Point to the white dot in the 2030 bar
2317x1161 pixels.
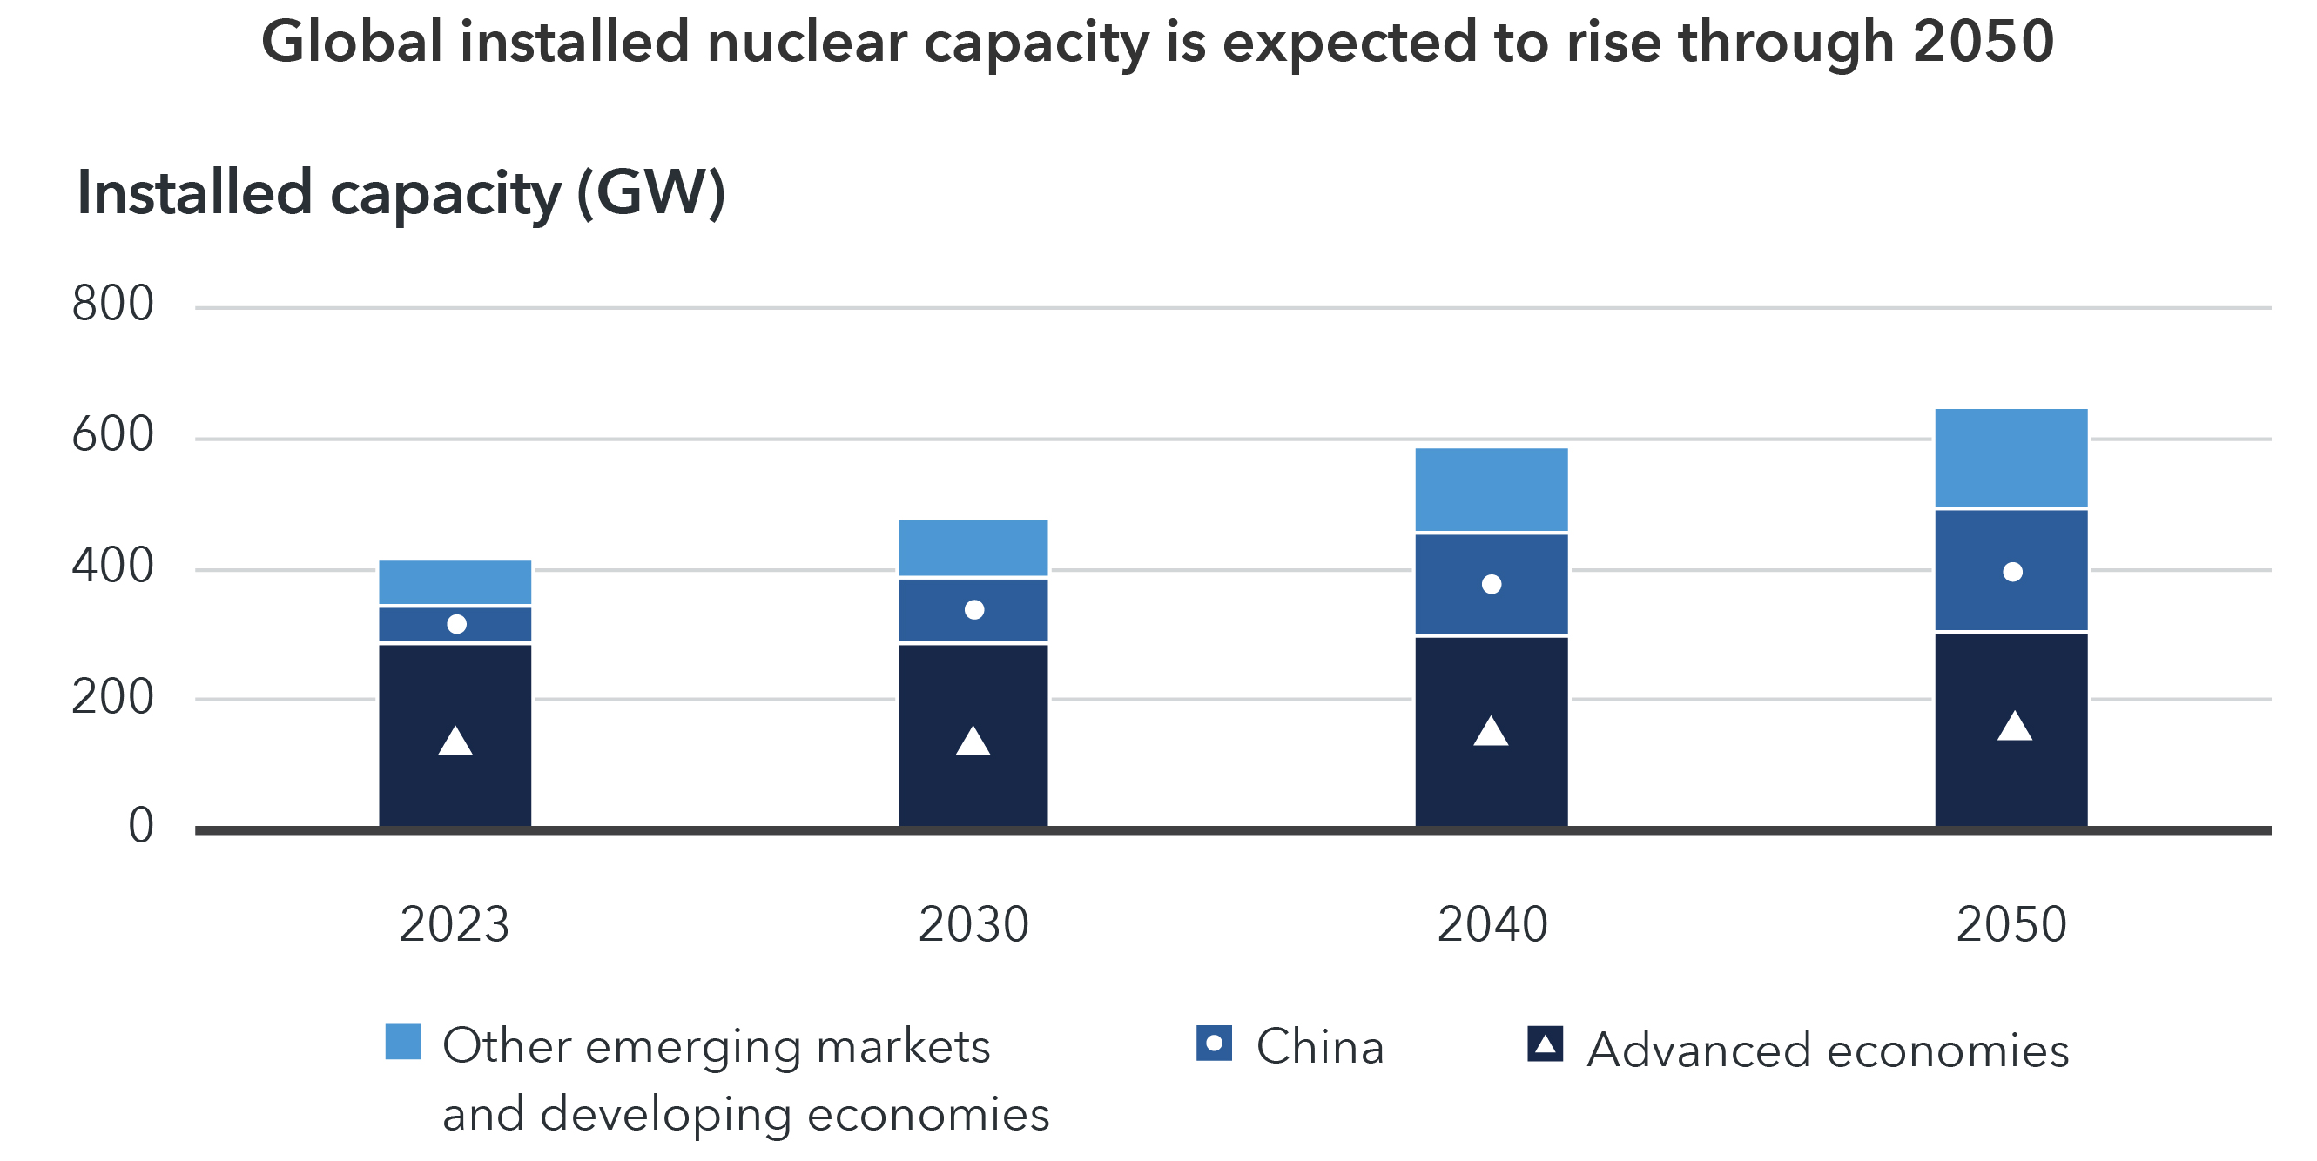click(974, 610)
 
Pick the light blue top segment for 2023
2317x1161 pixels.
click(455, 582)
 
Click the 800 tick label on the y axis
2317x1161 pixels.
click(112, 304)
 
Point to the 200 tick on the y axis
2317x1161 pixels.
click(112, 697)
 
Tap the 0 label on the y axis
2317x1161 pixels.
click(140, 826)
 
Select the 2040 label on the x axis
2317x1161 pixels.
click(1492, 924)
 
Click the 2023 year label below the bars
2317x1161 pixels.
click(455, 924)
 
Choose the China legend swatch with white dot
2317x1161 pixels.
click(1214, 1044)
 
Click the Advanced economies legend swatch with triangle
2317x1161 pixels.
click(1545, 1044)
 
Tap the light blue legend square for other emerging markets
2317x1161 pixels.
click(403, 1042)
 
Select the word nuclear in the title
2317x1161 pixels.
click(807, 42)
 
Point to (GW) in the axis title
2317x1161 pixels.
click(650, 192)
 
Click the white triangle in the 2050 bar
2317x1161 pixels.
click(2014, 727)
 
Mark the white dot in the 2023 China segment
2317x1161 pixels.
click(456, 624)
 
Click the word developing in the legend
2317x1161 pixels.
click(666, 1114)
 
